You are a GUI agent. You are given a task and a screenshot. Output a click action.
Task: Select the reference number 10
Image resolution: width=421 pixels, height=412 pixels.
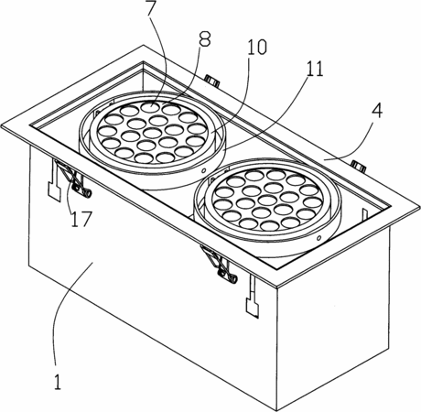(x=257, y=48)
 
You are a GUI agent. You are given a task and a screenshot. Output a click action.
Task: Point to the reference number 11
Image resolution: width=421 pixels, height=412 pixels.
(x=315, y=69)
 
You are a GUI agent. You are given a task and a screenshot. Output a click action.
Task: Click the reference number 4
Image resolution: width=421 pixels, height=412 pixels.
(x=377, y=111)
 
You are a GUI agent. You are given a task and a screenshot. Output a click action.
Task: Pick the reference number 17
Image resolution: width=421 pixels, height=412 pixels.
(x=81, y=219)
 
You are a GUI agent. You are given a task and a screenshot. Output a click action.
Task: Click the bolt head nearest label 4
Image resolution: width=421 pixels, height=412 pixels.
(x=358, y=165)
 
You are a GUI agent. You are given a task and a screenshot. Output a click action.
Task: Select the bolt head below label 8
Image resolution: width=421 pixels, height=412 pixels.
(x=212, y=81)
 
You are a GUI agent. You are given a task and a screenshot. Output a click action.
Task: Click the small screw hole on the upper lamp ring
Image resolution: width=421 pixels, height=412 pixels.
(x=204, y=170)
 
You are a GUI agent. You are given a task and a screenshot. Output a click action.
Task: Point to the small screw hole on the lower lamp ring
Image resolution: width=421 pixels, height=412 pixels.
(x=319, y=237)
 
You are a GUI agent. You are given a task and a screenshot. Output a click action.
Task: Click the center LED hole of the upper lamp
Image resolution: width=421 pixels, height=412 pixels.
(x=152, y=133)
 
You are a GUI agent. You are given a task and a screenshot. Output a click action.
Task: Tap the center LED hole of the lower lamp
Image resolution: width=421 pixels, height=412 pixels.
(x=267, y=200)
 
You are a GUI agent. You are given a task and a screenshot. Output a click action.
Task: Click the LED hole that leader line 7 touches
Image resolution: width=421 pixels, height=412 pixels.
(x=150, y=107)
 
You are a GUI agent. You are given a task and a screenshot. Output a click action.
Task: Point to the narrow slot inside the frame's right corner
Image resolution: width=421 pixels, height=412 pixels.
(x=363, y=215)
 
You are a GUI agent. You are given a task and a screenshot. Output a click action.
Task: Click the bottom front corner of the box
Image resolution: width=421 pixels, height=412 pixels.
(x=277, y=410)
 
